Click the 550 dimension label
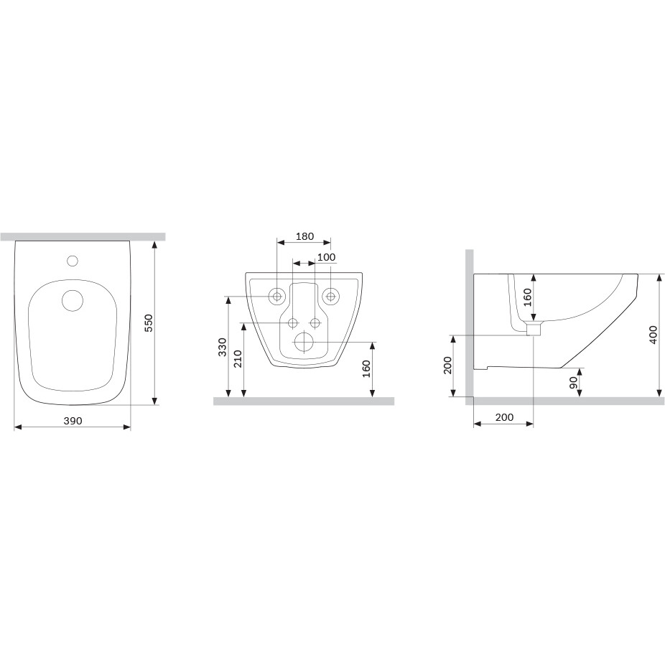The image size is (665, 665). pos(149,322)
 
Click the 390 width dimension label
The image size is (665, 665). pos(73,421)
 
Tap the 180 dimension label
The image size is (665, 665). pos(305,236)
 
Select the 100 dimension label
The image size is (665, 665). pos(326,257)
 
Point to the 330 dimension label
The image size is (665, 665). pos(223,347)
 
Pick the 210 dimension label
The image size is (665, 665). pos(238,359)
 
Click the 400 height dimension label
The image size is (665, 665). pos(653,335)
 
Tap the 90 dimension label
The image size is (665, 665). pos(573,383)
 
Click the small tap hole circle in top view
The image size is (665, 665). pos(73,261)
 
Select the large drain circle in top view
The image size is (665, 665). pos(73,300)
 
